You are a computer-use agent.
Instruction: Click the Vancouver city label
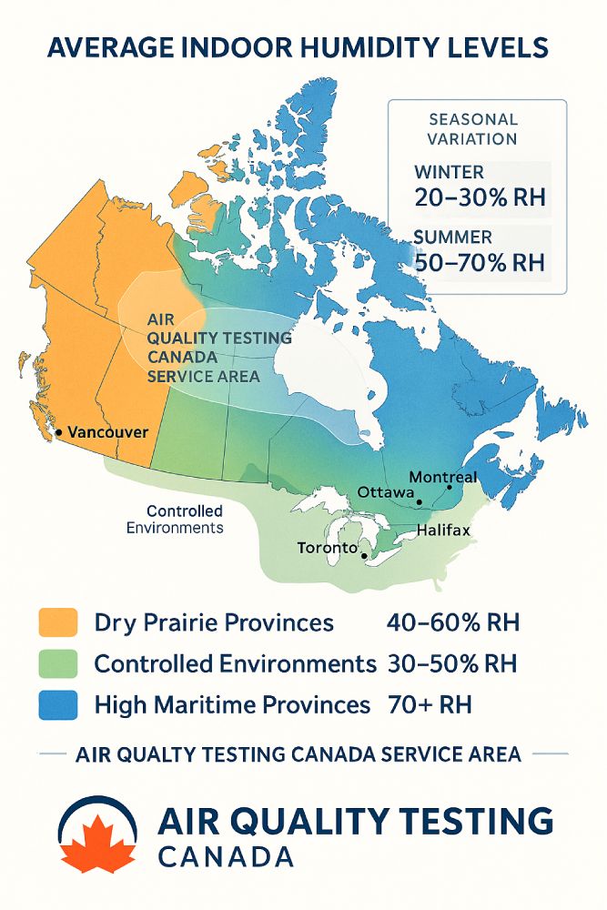107,432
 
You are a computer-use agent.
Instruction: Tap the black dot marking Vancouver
58,433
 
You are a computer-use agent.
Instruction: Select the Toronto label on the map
327,548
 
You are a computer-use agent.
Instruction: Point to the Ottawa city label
385,491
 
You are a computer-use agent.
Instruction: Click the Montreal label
442,477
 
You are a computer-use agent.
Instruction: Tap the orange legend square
57,623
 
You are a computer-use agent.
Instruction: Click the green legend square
57,663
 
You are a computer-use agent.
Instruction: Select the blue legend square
57,704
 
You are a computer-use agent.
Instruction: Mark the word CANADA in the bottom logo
225,857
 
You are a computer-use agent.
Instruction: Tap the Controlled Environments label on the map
174,519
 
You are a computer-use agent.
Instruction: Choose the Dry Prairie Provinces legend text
214,623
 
